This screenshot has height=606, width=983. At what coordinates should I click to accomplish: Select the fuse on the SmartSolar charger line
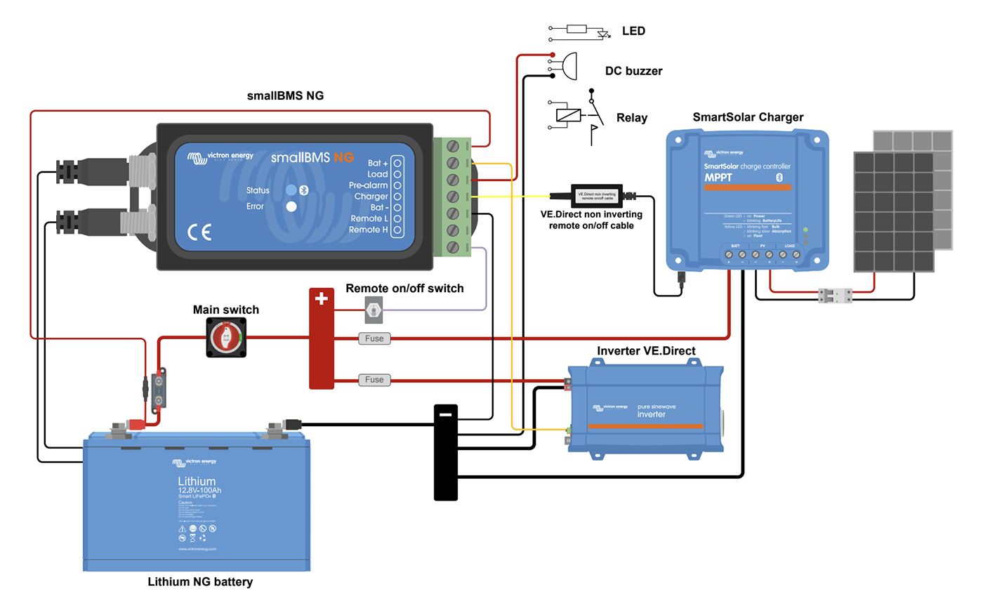tap(374, 338)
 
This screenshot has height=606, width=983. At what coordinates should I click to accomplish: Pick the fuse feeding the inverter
tap(374, 380)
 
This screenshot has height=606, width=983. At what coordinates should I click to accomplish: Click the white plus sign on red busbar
tap(322, 299)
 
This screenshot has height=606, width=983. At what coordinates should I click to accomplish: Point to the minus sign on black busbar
tap(445, 414)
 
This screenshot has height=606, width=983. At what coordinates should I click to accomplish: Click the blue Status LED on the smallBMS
tap(291, 190)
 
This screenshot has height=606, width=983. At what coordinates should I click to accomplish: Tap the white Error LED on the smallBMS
tap(291, 206)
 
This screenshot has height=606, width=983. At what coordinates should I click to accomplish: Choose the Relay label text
tap(631, 117)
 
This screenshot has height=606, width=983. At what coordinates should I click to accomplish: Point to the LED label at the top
tap(633, 31)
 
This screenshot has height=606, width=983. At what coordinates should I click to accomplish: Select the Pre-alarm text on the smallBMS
tap(369, 185)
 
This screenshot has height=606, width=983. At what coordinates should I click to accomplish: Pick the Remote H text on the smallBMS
tap(369, 230)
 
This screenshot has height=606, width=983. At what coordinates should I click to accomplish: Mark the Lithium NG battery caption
tap(200, 582)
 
